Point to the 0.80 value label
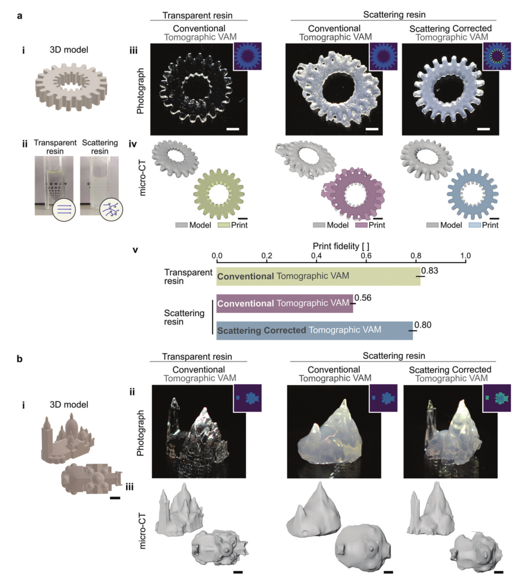click(x=423, y=325)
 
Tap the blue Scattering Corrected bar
click(x=314, y=330)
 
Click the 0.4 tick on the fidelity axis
click(x=316, y=256)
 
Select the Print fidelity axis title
click(x=340, y=246)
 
